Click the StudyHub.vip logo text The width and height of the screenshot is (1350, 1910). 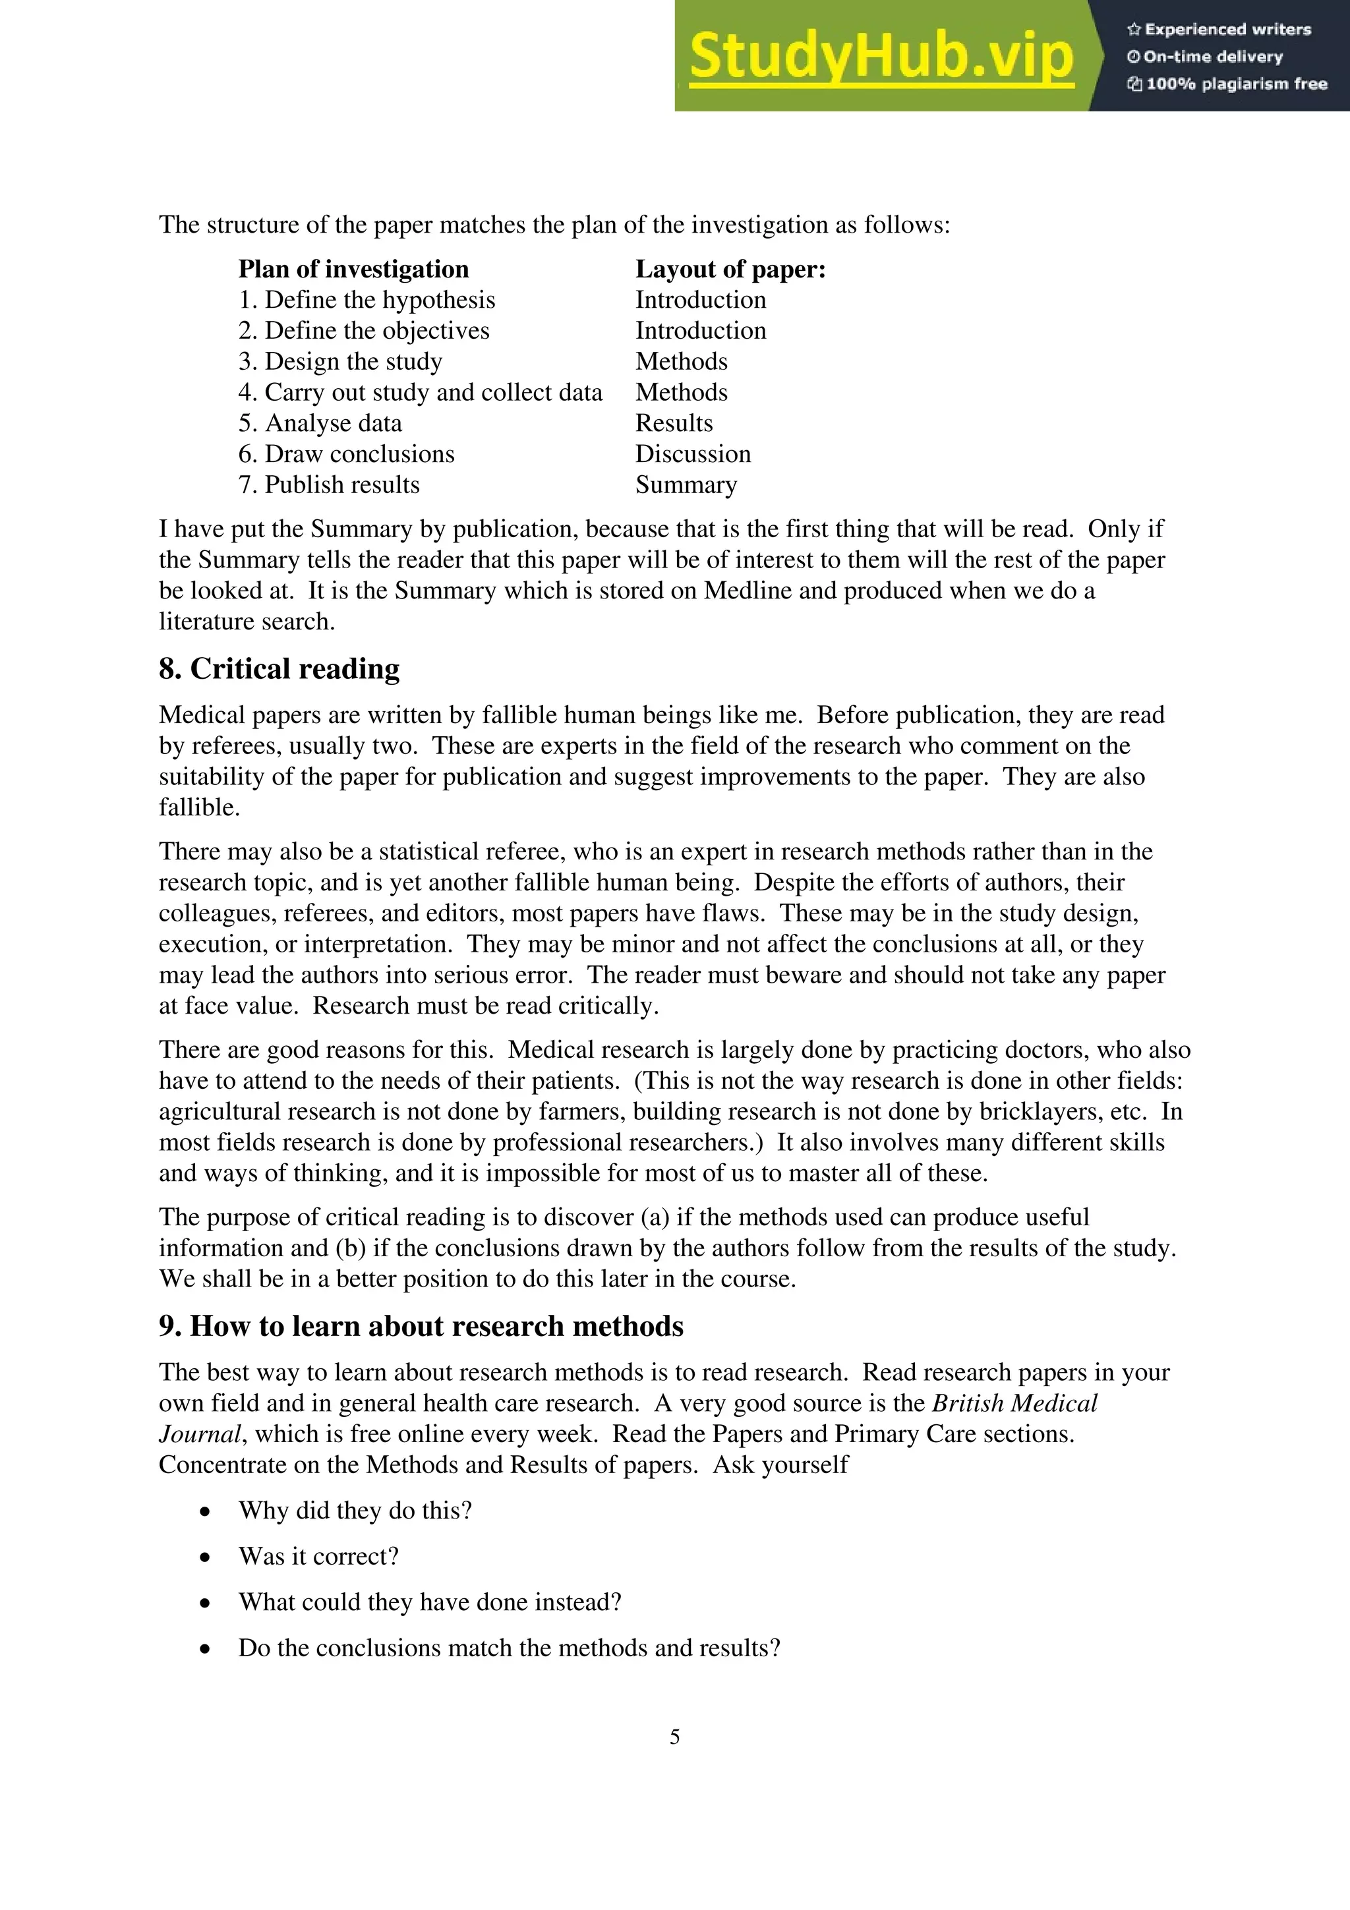coord(881,57)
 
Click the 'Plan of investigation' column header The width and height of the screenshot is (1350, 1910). coord(353,270)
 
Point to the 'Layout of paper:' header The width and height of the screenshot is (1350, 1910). coord(730,270)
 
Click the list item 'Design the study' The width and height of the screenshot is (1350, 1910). coord(340,362)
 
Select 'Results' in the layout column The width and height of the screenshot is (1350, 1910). coord(674,423)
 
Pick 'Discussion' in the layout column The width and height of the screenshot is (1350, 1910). coord(692,454)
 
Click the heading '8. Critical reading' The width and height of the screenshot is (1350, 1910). coord(279,669)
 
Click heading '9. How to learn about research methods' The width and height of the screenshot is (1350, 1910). coord(421,1326)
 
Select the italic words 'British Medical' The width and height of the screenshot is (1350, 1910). coord(1014,1403)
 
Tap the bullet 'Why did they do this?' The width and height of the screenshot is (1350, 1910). coord(355,1511)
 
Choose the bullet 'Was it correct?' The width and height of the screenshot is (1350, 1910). coord(318,1557)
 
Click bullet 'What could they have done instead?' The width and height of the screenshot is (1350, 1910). coord(430,1602)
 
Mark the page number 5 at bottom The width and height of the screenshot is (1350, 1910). coord(674,1737)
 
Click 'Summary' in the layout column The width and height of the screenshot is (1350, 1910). coord(686,485)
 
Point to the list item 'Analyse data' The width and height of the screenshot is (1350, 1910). coord(320,423)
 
